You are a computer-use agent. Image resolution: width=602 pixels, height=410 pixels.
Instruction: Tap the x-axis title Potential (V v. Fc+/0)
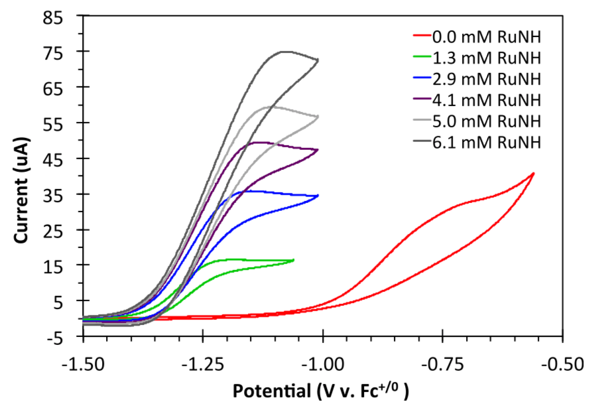pos(320,391)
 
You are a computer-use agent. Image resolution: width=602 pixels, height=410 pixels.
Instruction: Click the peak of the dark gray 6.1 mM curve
pos(285,51)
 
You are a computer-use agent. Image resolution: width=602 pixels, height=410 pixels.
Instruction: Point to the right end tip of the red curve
pos(534,173)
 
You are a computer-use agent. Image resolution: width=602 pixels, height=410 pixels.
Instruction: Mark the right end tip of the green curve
pos(294,259)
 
